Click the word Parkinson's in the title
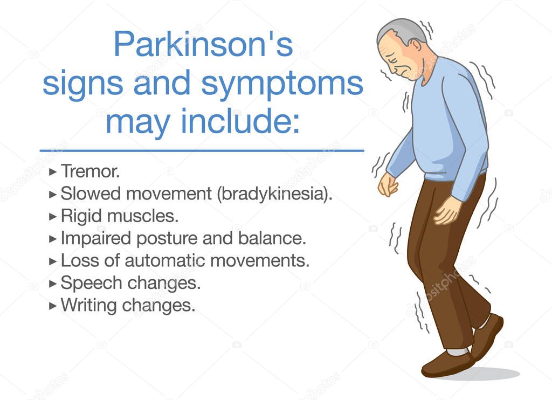click(203, 45)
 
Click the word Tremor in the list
click(89, 171)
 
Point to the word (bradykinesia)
click(274, 194)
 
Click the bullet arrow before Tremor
click(53, 172)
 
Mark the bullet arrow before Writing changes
click(53, 306)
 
